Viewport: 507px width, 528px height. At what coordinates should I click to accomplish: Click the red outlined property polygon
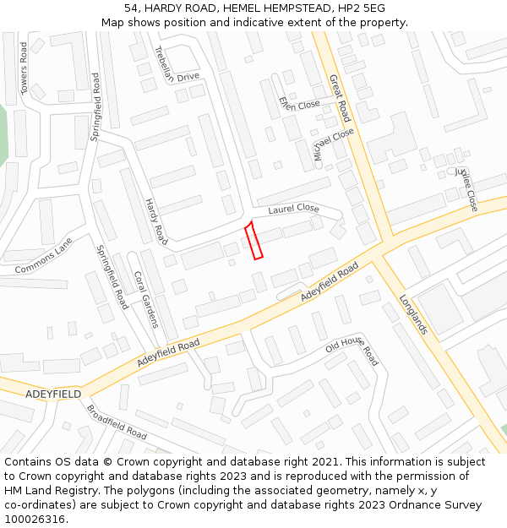(253, 241)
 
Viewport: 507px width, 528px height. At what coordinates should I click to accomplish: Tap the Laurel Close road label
(293, 209)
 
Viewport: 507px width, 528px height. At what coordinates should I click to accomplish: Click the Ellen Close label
(299, 104)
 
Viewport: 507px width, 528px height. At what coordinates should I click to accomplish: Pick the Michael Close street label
(333, 144)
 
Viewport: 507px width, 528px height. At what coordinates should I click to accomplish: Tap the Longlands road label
(414, 313)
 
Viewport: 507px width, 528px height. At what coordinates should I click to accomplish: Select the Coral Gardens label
(145, 298)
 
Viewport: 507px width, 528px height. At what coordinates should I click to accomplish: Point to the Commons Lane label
(44, 256)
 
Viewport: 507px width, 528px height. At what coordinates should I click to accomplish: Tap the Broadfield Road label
(117, 422)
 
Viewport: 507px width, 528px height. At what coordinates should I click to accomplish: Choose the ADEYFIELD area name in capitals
(53, 395)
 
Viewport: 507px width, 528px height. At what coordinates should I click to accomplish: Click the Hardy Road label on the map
(155, 222)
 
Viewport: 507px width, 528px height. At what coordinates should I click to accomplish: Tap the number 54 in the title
(131, 8)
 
